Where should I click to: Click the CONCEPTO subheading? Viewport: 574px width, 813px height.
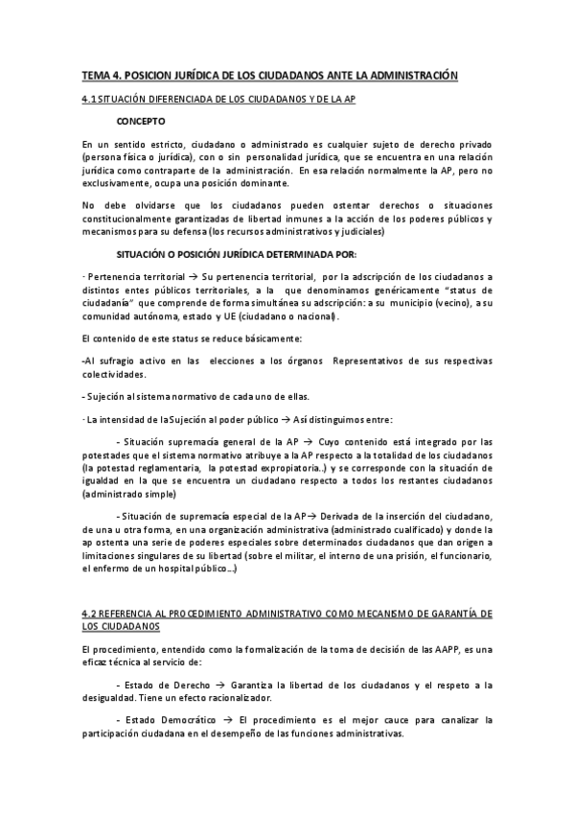(140, 123)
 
